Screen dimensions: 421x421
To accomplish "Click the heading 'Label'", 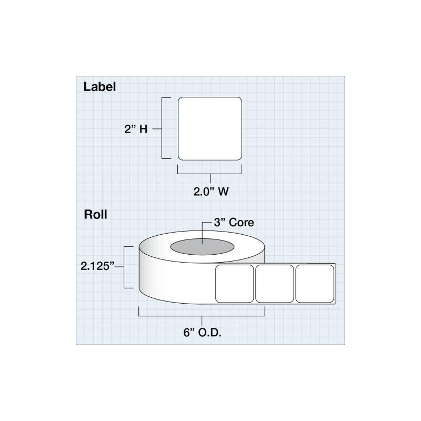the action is (99, 87).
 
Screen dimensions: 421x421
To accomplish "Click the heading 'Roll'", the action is (95, 215).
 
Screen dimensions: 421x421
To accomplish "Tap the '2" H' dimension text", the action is (136, 129).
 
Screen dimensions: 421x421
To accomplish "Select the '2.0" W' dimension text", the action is (211, 192).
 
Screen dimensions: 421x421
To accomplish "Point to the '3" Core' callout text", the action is (234, 223).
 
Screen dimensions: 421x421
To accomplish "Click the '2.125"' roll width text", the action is (97, 266).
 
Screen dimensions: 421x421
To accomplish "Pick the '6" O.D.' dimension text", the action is (202, 333).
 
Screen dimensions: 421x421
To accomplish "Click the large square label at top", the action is (210, 128).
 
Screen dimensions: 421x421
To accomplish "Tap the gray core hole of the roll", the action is (202, 247).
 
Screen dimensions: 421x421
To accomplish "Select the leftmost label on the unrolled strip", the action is (234, 284).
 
